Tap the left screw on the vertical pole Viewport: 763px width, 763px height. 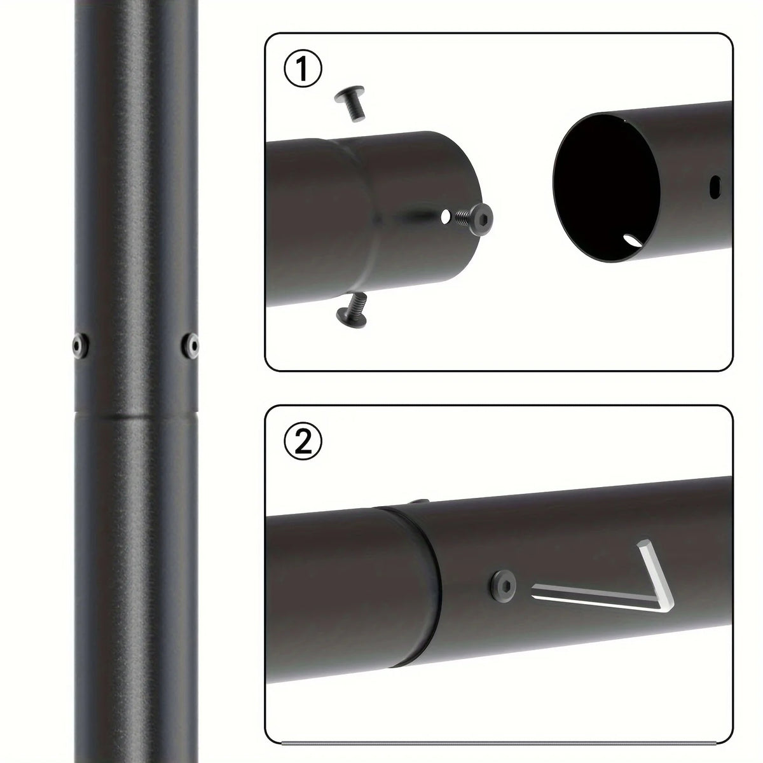[81, 346]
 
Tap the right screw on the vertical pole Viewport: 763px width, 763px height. [191, 346]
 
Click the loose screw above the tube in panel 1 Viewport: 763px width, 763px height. [351, 102]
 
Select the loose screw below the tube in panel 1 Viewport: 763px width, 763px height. [352, 310]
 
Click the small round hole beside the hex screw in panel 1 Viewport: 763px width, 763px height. [446, 216]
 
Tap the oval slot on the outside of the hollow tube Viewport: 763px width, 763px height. [715, 188]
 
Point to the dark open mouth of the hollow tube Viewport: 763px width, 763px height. [606, 188]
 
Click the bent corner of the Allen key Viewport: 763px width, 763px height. [665, 605]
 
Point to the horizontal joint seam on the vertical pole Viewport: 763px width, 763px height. [136, 414]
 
